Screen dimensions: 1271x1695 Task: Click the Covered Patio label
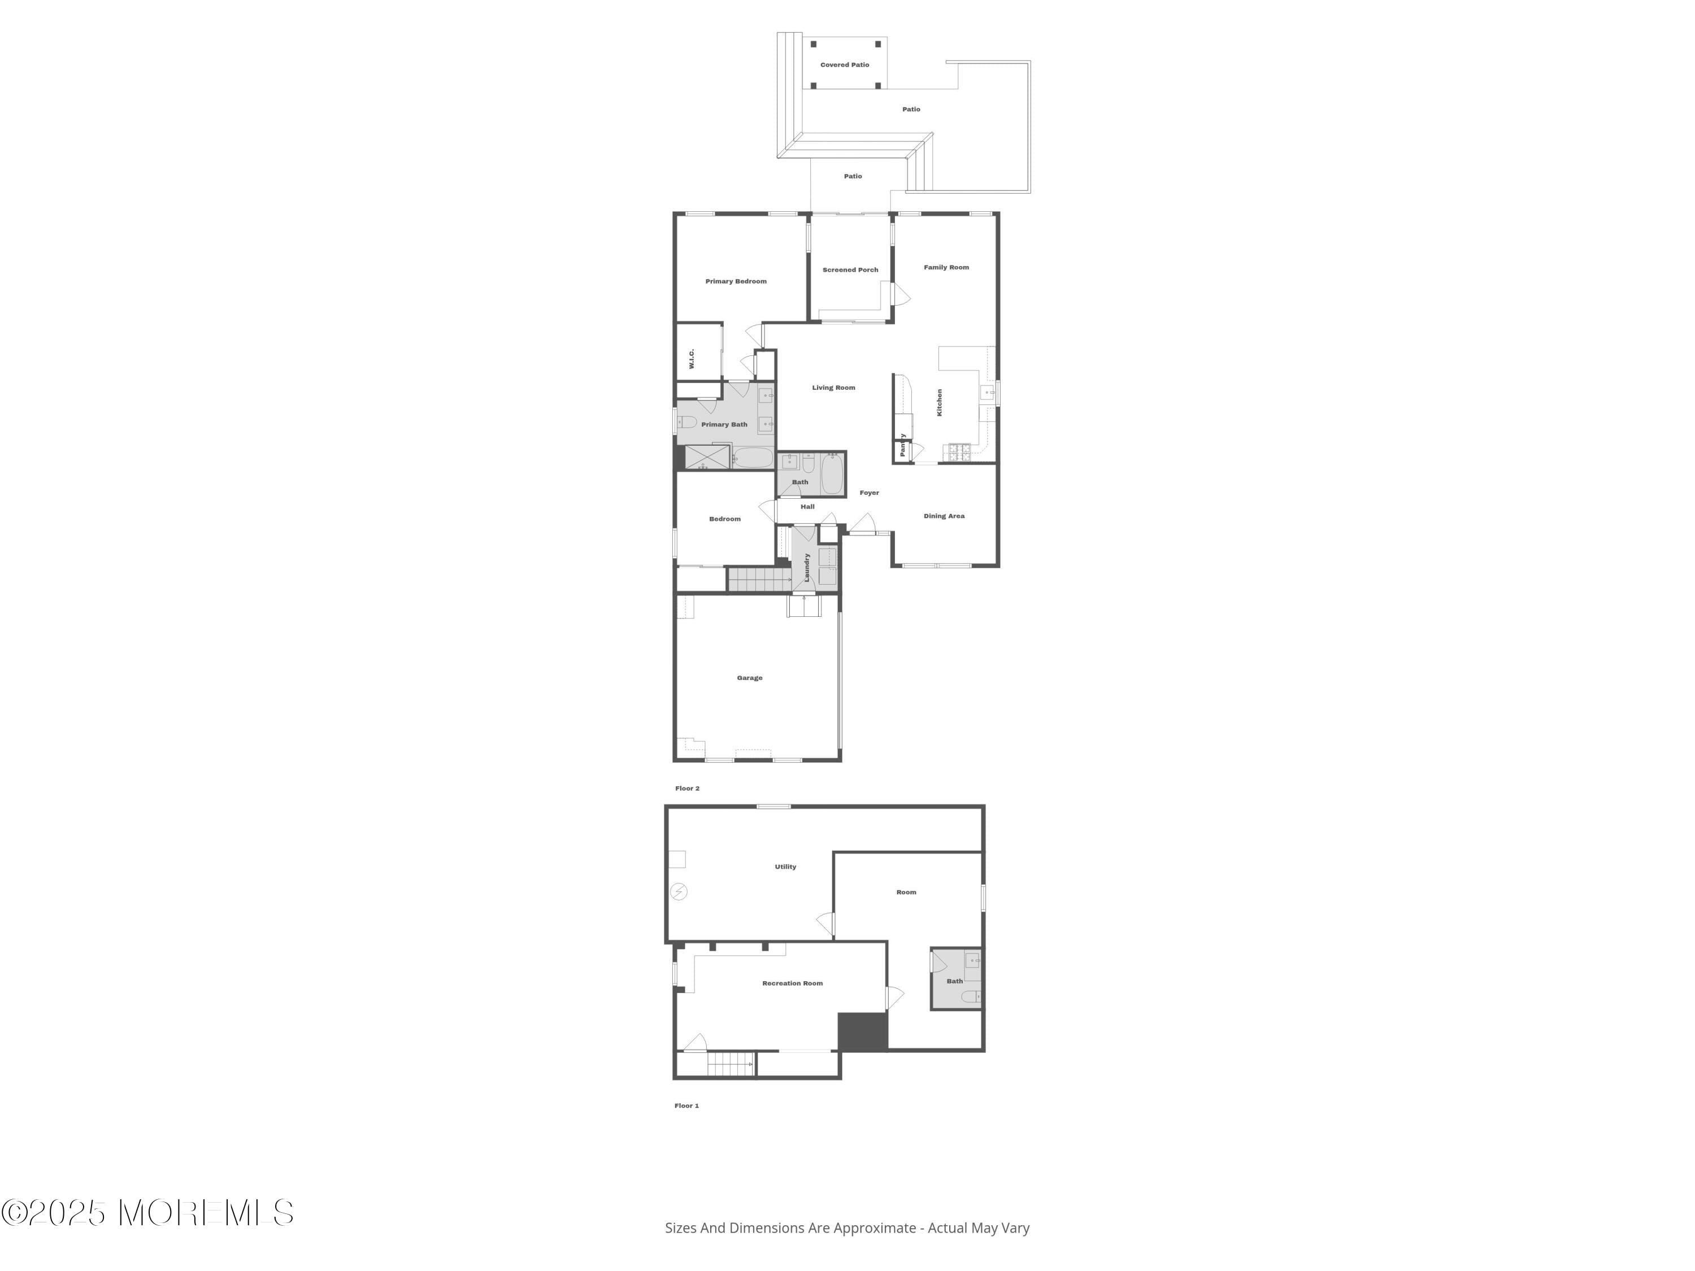[845, 65]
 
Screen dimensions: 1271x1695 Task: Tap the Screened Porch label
[850, 269]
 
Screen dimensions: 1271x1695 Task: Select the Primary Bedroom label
[736, 281]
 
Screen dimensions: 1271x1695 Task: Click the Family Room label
[946, 267]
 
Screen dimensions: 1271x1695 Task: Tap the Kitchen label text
[940, 402]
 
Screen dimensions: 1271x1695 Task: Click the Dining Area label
[944, 516]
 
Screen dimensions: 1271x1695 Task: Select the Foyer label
[869, 493]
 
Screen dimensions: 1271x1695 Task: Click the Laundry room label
[807, 567]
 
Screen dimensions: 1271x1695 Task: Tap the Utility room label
[785, 867]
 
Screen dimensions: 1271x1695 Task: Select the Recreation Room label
[792, 983]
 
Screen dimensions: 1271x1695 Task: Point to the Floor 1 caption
[686, 1105]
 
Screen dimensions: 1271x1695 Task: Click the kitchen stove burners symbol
[959, 452]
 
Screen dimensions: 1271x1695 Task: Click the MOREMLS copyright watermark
[147, 1213]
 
